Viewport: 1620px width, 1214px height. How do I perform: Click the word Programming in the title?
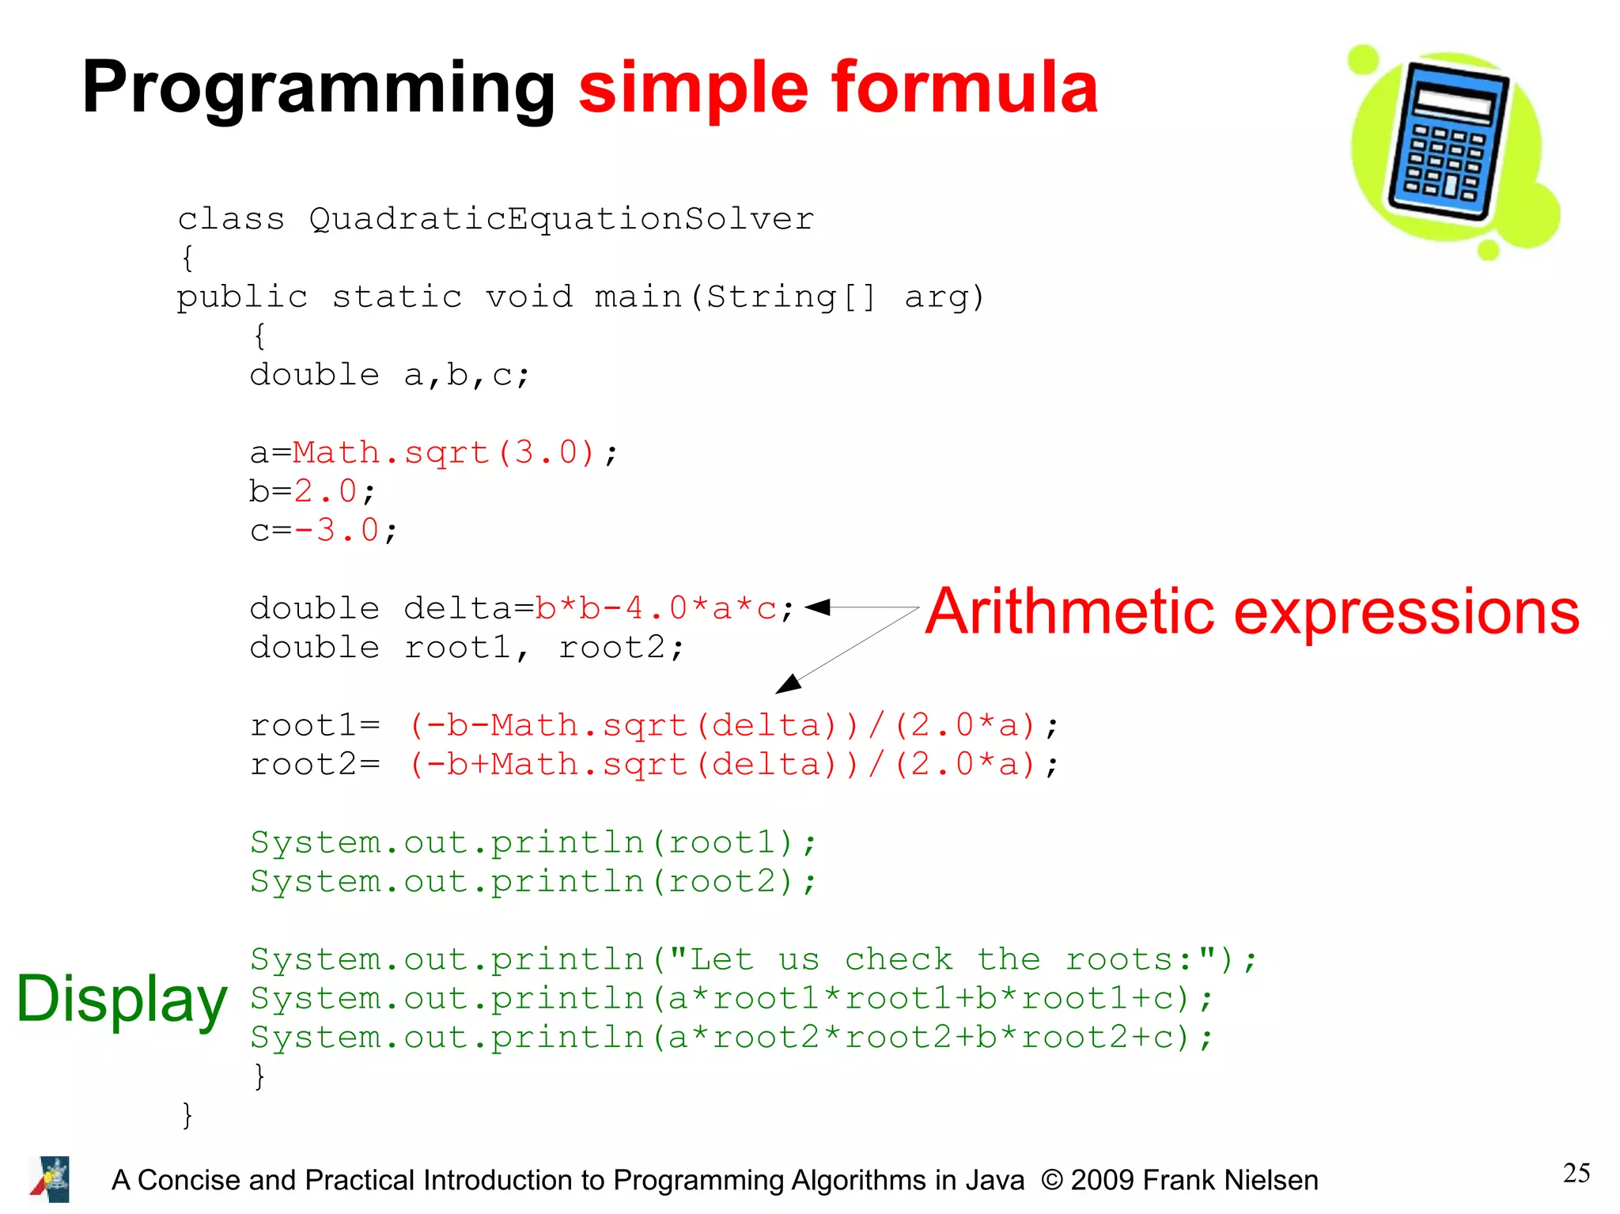[318, 89]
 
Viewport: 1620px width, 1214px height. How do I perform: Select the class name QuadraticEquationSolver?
[561, 219]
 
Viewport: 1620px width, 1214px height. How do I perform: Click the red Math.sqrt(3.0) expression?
[443, 453]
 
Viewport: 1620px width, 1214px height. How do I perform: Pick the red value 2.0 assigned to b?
[325, 492]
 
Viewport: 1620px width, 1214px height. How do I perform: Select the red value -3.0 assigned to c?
[336, 531]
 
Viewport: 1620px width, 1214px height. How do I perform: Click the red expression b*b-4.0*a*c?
[656, 609]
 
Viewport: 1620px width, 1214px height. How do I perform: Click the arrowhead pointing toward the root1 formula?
[789, 684]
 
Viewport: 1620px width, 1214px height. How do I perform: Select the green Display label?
[122, 999]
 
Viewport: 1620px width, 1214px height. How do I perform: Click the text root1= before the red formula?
[315, 725]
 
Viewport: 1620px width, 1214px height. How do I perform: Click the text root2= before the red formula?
[315, 765]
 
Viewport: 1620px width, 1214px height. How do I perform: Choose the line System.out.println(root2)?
[532, 882]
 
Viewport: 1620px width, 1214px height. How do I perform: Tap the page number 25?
[1576, 1173]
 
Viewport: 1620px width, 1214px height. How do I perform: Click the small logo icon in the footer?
[51, 1179]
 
